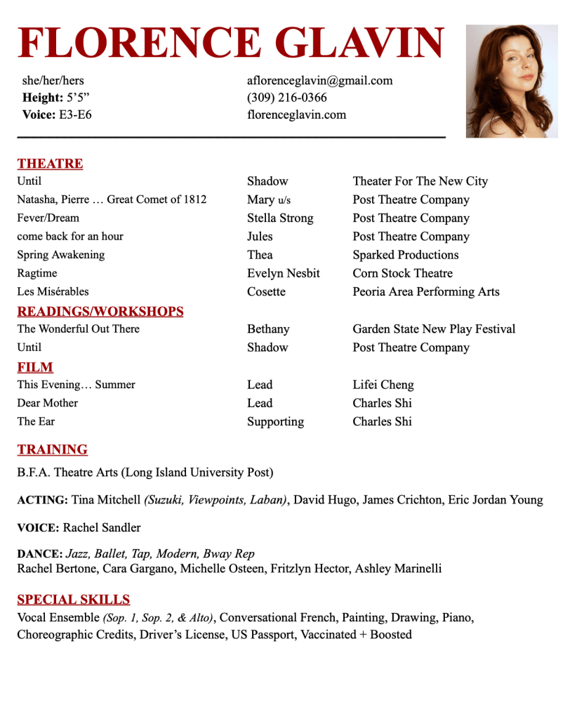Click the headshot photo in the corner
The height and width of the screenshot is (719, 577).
[512, 81]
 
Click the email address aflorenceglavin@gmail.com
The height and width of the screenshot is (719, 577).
[319, 80]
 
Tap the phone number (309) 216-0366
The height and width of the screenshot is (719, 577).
[286, 98]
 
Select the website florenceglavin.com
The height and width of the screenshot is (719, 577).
[296, 114]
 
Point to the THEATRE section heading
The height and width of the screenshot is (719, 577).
[50, 164]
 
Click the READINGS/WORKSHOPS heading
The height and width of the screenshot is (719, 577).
[100, 311]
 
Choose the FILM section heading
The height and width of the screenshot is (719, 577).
[35, 367]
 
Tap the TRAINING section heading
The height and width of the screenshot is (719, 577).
[53, 449]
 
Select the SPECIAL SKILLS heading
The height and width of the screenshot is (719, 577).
[74, 600]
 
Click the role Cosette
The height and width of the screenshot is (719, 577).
[266, 291]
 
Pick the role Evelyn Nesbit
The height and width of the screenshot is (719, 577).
[283, 273]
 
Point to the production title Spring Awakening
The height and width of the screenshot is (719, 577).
[61, 255]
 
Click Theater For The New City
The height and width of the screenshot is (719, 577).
[420, 181]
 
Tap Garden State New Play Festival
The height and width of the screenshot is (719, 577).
[434, 329]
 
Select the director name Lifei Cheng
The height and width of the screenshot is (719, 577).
[383, 385]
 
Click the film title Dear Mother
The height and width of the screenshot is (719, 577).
[48, 403]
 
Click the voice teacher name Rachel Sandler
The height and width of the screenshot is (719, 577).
[102, 527]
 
